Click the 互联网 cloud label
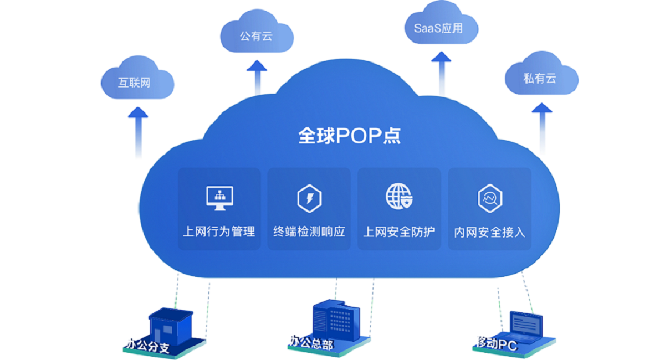click(x=134, y=83)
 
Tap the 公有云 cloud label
click(x=257, y=37)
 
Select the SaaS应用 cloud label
click(x=438, y=28)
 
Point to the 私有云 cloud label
click(x=539, y=79)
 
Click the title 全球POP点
click(x=349, y=136)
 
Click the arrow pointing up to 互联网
click(x=138, y=130)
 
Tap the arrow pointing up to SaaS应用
click(x=442, y=72)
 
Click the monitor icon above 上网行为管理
click(x=219, y=198)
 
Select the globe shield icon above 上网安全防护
click(x=399, y=197)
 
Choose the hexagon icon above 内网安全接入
click(x=489, y=198)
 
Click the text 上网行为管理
click(x=219, y=231)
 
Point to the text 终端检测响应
click(x=309, y=231)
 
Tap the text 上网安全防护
click(x=399, y=231)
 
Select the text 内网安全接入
click(x=489, y=232)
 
